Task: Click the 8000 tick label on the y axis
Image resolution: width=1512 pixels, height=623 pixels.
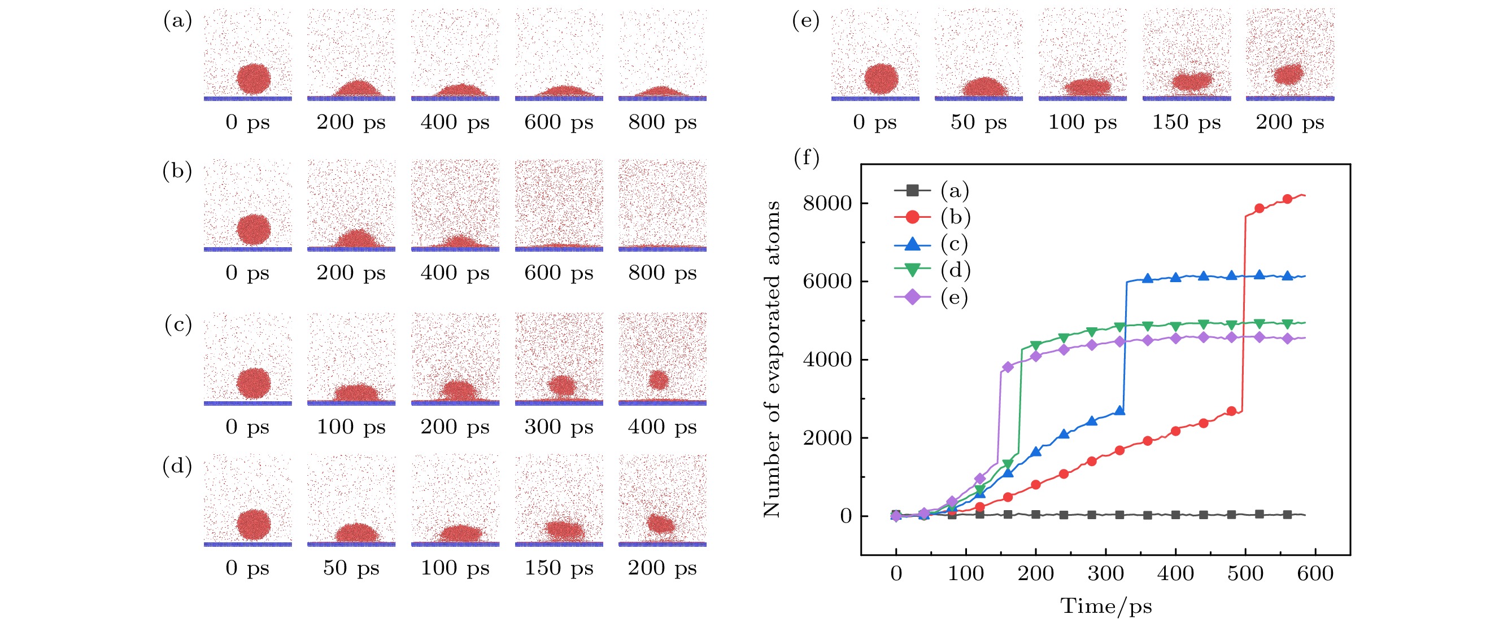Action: (x=826, y=204)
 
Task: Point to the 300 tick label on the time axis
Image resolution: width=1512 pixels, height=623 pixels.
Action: (x=1105, y=573)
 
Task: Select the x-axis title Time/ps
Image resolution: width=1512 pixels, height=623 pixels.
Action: (x=1106, y=606)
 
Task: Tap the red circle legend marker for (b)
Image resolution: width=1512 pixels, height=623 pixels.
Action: (x=912, y=217)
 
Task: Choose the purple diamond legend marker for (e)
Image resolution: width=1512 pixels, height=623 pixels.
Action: (x=912, y=297)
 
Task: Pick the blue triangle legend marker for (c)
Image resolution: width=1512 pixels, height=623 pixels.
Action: (x=912, y=244)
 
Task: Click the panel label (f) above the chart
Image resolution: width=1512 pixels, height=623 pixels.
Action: (x=807, y=158)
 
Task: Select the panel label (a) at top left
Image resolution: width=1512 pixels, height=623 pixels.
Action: (x=177, y=21)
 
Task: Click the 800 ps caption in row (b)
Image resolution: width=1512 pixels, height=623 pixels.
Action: (x=662, y=273)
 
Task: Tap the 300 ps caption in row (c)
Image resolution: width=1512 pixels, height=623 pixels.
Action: (x=559, y=427)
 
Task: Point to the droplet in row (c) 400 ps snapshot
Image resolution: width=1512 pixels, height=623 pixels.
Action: (x=659, y=380)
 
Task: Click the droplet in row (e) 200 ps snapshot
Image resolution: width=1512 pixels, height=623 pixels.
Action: (x=1289, y=74)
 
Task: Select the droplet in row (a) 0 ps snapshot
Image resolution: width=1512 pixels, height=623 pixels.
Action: (x=254, y=78)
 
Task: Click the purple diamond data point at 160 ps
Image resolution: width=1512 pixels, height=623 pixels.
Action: (x=1008, y=367)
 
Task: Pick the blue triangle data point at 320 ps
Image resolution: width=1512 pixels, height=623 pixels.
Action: (x=1119, y=411)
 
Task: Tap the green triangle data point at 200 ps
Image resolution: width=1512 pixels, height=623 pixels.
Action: (x=1036, y=345)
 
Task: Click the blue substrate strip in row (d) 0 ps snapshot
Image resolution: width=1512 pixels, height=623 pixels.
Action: (x=248, y=545)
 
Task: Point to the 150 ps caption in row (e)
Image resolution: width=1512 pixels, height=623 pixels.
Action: (x=1186, y=122)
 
